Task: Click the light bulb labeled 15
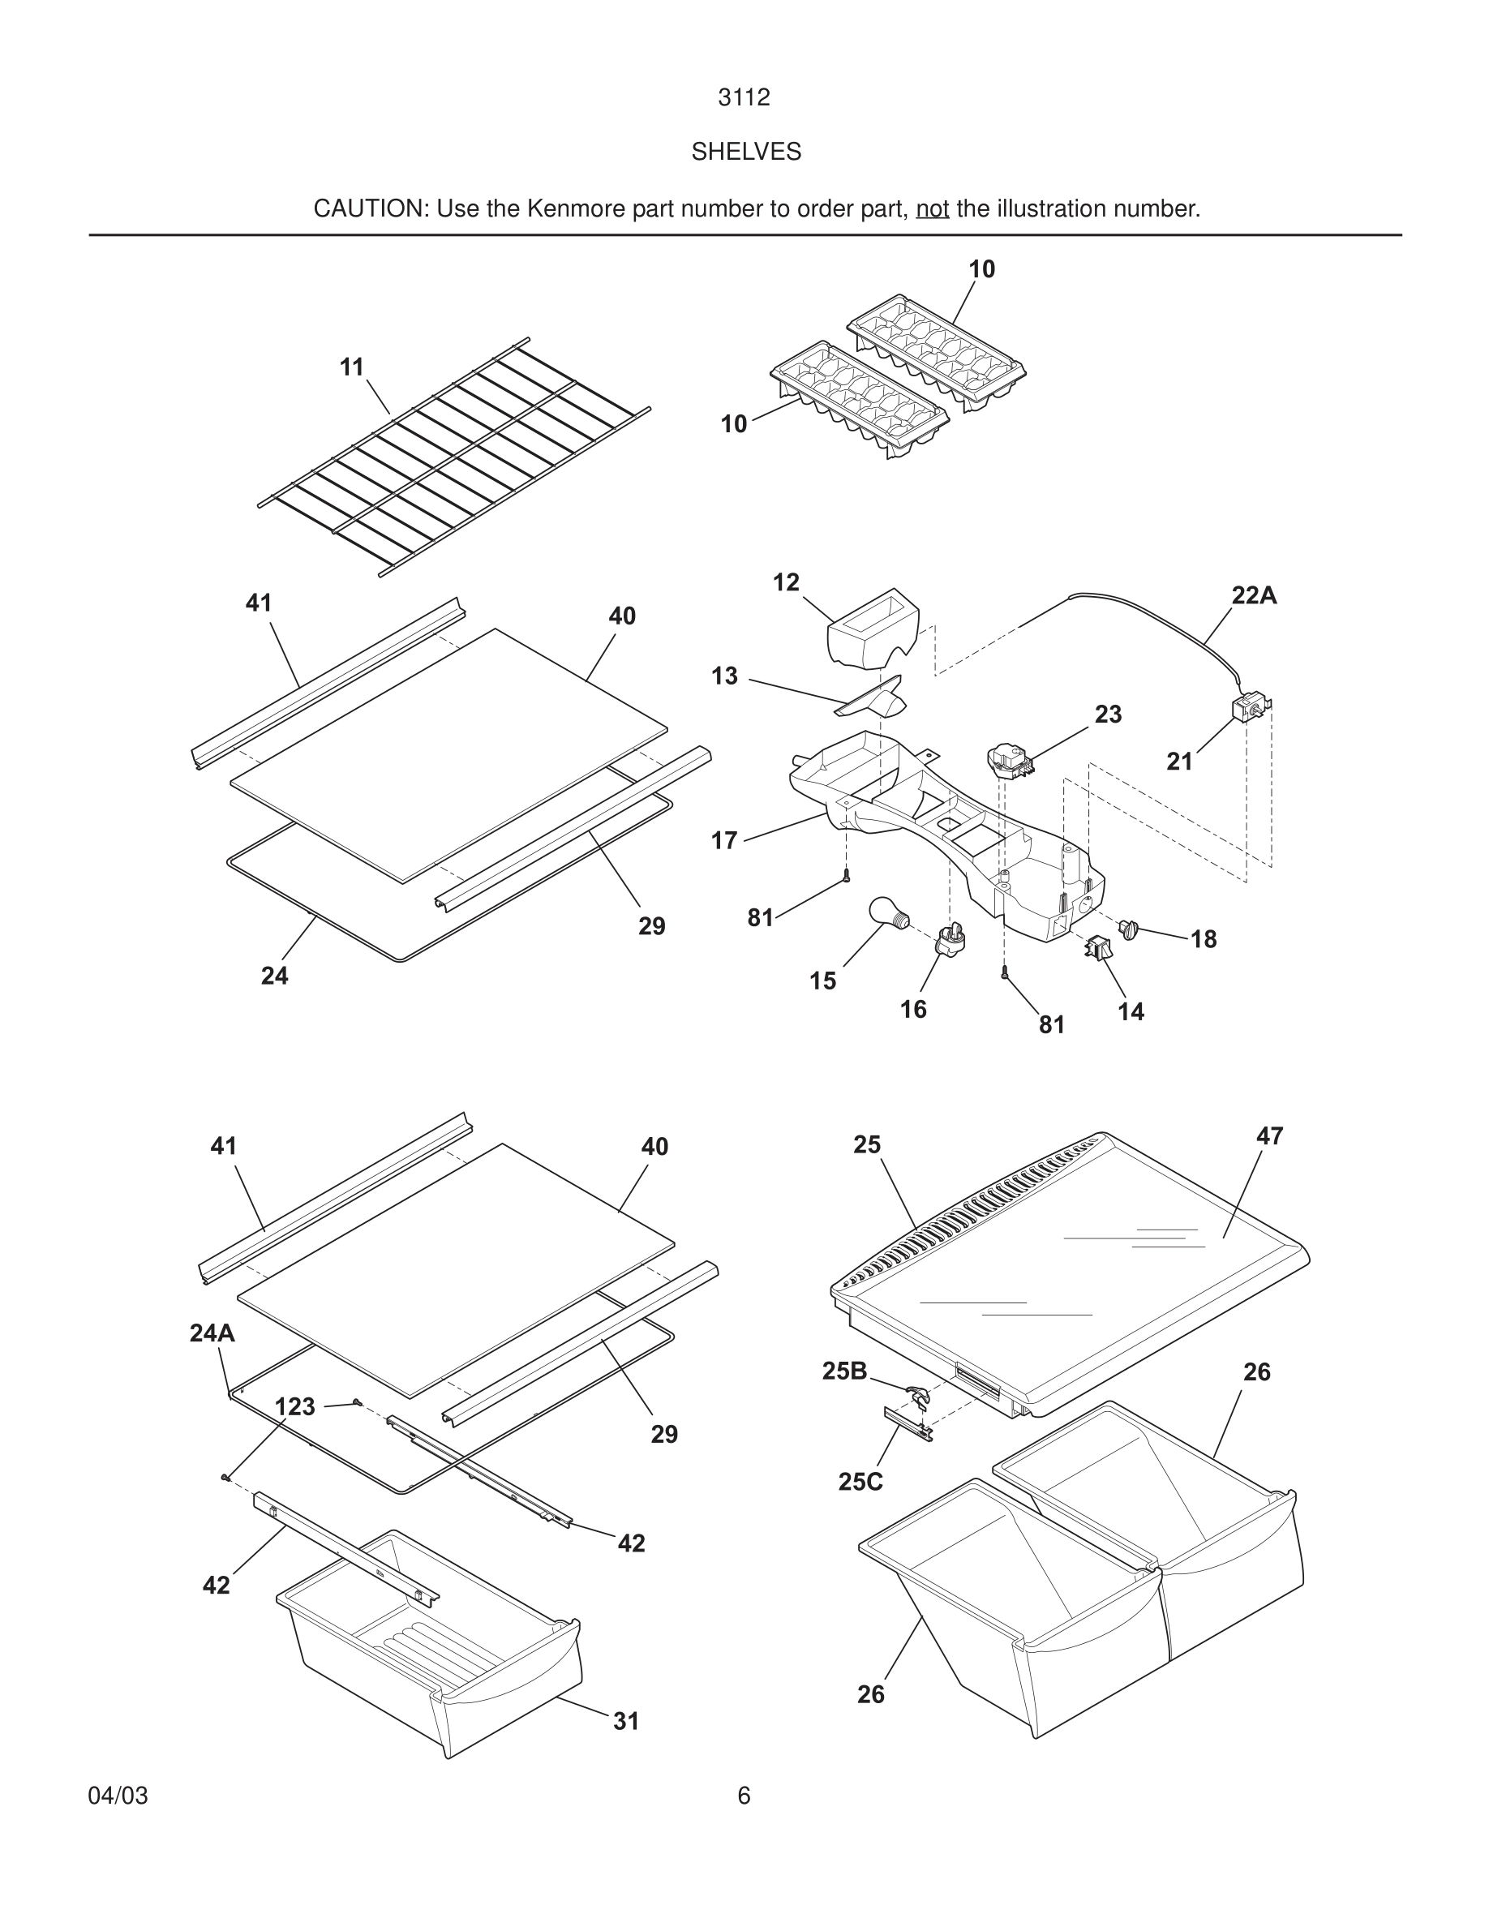(886, 912)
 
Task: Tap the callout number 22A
(1254, 595)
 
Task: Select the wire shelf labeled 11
(454, 456)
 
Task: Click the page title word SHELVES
(745, 152)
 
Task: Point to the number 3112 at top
(744, 97)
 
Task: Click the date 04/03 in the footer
(118, 1796)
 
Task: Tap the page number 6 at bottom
(744, 1796)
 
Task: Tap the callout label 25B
(844, 1371)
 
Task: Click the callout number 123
(294, 1406)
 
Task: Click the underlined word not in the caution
(933, 209)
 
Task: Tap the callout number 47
(1269, 1135)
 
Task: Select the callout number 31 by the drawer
(626, 1720)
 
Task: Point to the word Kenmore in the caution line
(577, 209)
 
